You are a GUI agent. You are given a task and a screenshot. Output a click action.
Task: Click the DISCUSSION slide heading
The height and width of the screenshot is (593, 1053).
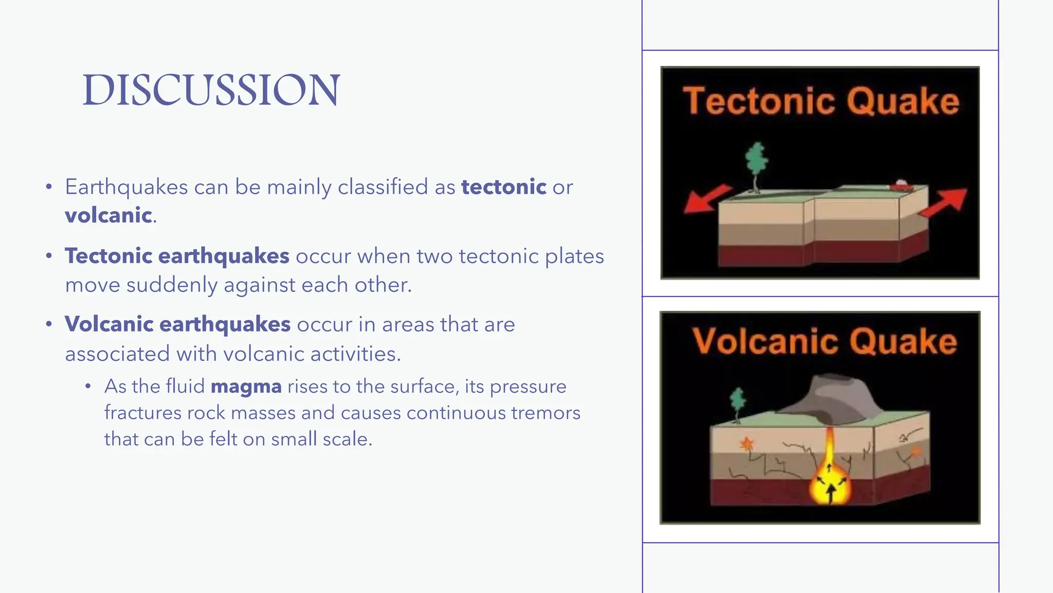(x=211, y=90)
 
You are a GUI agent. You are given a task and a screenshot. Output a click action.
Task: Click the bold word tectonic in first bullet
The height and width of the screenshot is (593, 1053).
(x=503, y=187)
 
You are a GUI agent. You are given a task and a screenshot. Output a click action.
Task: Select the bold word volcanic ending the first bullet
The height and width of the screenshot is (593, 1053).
(x=108, y=215)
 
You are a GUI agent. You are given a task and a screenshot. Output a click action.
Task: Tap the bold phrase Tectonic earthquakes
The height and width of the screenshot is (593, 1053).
(x=177, y=256)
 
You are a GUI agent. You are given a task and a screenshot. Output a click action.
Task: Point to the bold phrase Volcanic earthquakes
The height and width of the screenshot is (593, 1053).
(x=177, y=324)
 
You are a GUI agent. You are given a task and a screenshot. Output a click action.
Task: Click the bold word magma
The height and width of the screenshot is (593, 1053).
(x=246, y=386)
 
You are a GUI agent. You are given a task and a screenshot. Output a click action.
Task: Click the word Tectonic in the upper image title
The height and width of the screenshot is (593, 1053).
(x=759, y=101)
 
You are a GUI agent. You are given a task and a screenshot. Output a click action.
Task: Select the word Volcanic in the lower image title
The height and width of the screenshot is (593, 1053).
(x=765, y=341)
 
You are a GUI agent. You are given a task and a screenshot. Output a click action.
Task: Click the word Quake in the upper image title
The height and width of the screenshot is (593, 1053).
(x=903, y=101)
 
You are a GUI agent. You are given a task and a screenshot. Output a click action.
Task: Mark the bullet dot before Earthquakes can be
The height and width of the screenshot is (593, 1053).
(x=49, y=187)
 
